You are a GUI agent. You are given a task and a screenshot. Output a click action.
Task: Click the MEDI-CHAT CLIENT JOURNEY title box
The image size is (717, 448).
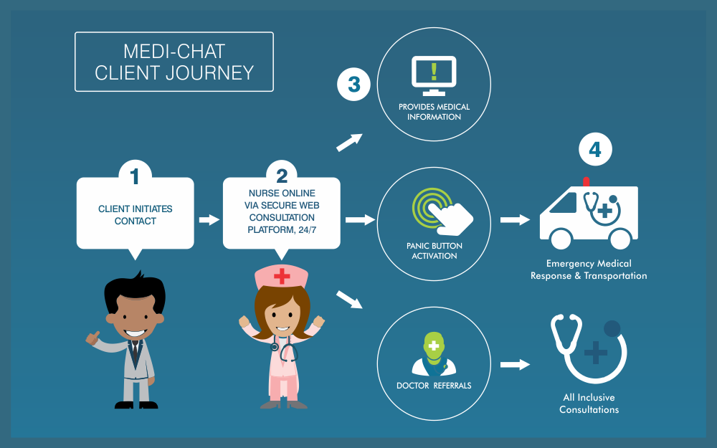pyautogui.click(x=174, y=62)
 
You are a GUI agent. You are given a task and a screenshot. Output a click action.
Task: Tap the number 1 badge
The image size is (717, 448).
pyautogui.click(x=135, y=173)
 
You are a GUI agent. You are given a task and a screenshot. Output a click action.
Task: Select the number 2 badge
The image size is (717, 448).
pyautogui.click(x=281, y=173)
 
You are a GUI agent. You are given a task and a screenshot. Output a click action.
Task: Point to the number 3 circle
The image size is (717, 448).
pyautogui.click(x=353, y=85)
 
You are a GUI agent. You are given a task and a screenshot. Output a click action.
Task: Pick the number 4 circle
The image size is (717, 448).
pyautogui.click(x=596, y=150)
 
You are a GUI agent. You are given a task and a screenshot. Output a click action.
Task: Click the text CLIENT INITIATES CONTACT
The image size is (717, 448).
pyautogui.click(x=135, y=215)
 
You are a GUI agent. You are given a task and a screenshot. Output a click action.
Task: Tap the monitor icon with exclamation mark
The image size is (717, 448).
pyautogui.click(x=434, y=75)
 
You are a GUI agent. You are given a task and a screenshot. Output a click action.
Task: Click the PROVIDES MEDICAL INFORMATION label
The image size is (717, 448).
pyautogui.click(x=434, y=112)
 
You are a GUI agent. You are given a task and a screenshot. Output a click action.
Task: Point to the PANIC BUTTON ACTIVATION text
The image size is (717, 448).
pyautogui.click(x=434, y=251)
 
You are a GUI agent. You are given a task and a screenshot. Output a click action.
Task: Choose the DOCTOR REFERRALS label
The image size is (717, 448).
pyautogui.click(x=434, y=386)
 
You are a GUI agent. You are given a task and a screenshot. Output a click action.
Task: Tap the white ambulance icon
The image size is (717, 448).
pyautogui.click(x=588, y=212)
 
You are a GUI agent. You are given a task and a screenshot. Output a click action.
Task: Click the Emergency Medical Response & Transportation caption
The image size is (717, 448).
pyautogui.click(x=588, y=270)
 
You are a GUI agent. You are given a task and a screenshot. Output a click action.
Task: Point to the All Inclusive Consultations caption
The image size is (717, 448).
pyautogui.click(x=588, y=404)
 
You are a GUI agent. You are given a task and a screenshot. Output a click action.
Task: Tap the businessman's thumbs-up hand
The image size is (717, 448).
pyautogui.click(x=93, y=336)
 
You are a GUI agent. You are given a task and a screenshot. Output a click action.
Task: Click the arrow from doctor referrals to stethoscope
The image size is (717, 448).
pyautogui.click(x=514, y=364)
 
